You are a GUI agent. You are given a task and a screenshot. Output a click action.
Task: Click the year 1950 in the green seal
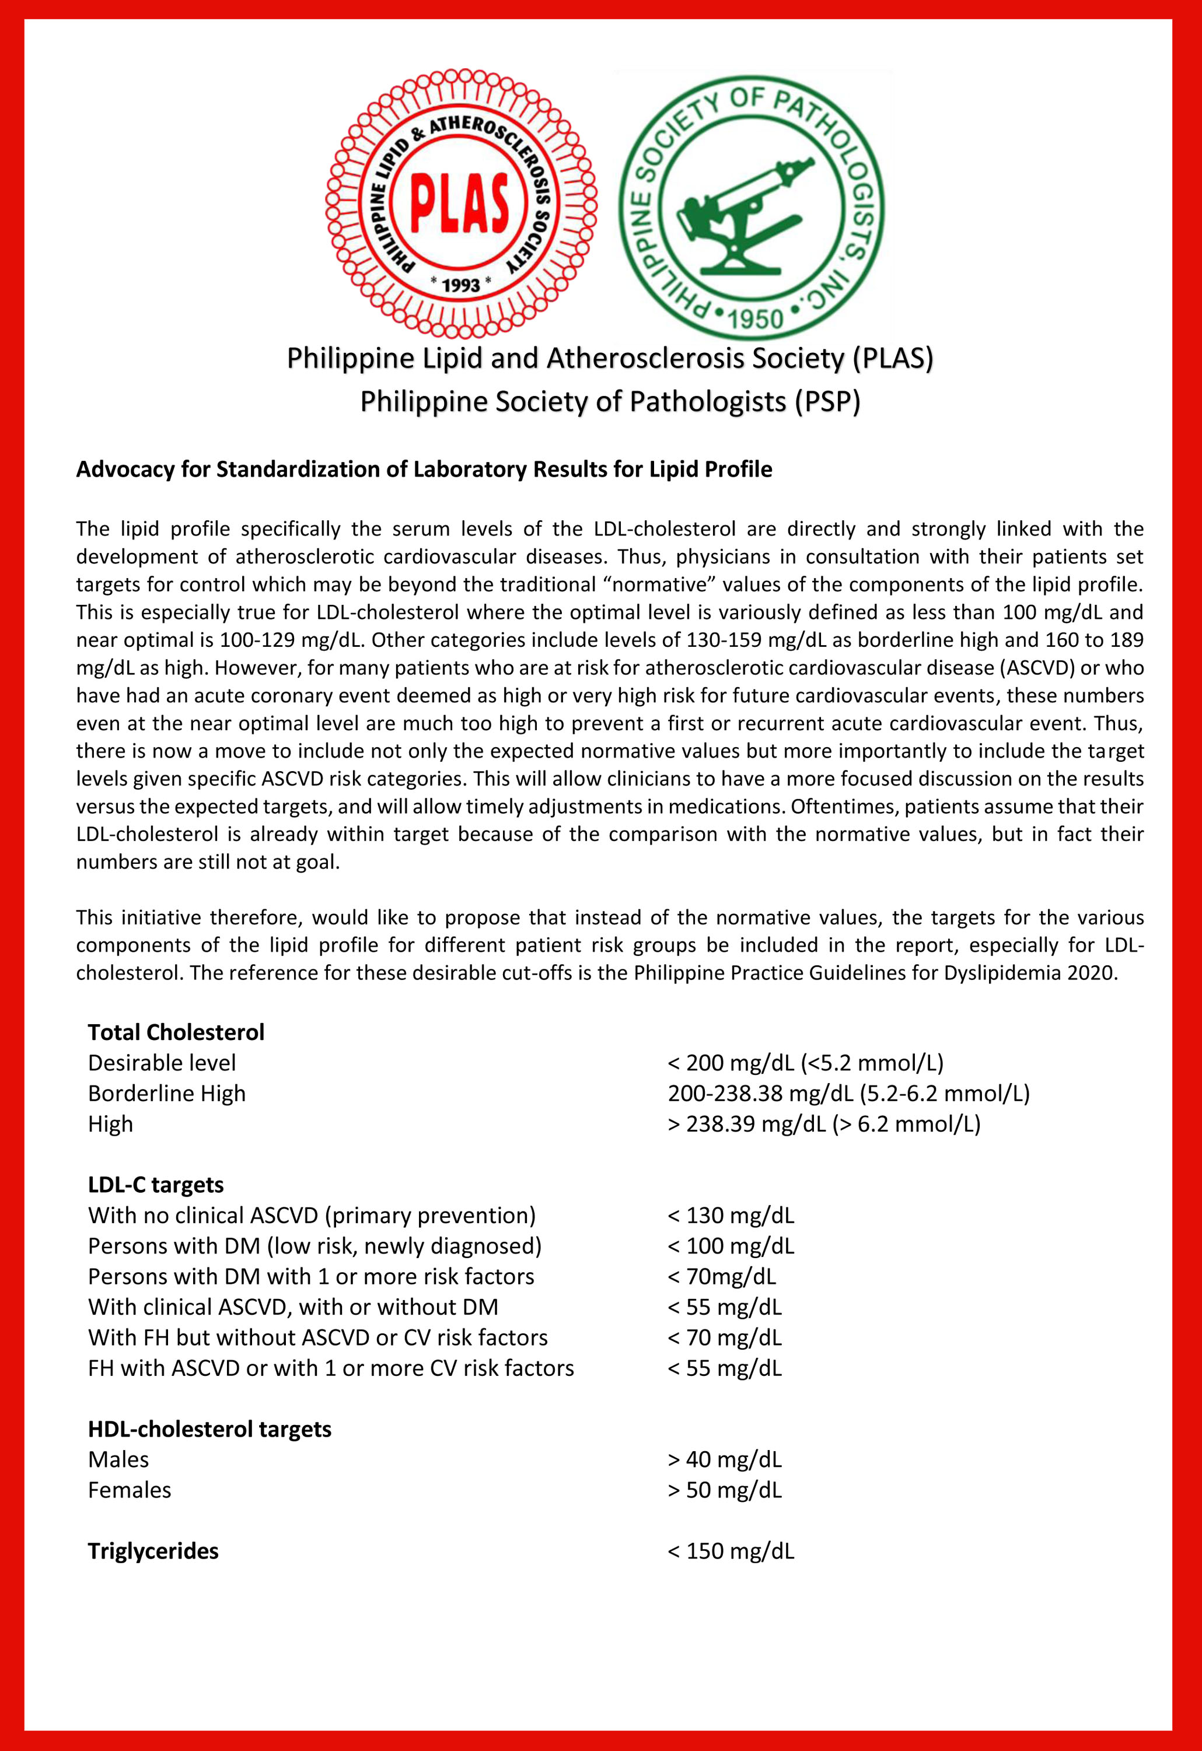(756, 318)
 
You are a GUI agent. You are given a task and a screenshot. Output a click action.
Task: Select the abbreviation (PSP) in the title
(827, 401)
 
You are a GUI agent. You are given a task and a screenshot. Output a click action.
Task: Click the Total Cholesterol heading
(176, 1032)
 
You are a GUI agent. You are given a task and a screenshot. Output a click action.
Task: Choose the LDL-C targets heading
(155, 1185)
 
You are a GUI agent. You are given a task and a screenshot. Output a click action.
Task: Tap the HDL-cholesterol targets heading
(209, 1428)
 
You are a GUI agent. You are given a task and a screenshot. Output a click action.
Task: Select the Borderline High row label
(166, 1093)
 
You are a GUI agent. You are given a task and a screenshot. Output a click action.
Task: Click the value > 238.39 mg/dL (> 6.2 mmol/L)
(824, 1123)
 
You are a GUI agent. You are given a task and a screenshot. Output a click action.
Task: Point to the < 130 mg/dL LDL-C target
(730, 1216)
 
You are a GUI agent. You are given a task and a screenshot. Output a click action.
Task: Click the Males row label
(118, 1459)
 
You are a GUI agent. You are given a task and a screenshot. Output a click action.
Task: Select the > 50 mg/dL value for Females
(724, 1490)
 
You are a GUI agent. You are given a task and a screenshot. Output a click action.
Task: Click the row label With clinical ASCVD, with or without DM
(292, 1307)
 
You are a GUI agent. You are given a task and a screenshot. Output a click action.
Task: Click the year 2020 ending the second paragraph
(1092, 973)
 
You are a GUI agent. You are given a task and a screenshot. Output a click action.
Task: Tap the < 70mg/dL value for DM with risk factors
(721, 1276)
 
